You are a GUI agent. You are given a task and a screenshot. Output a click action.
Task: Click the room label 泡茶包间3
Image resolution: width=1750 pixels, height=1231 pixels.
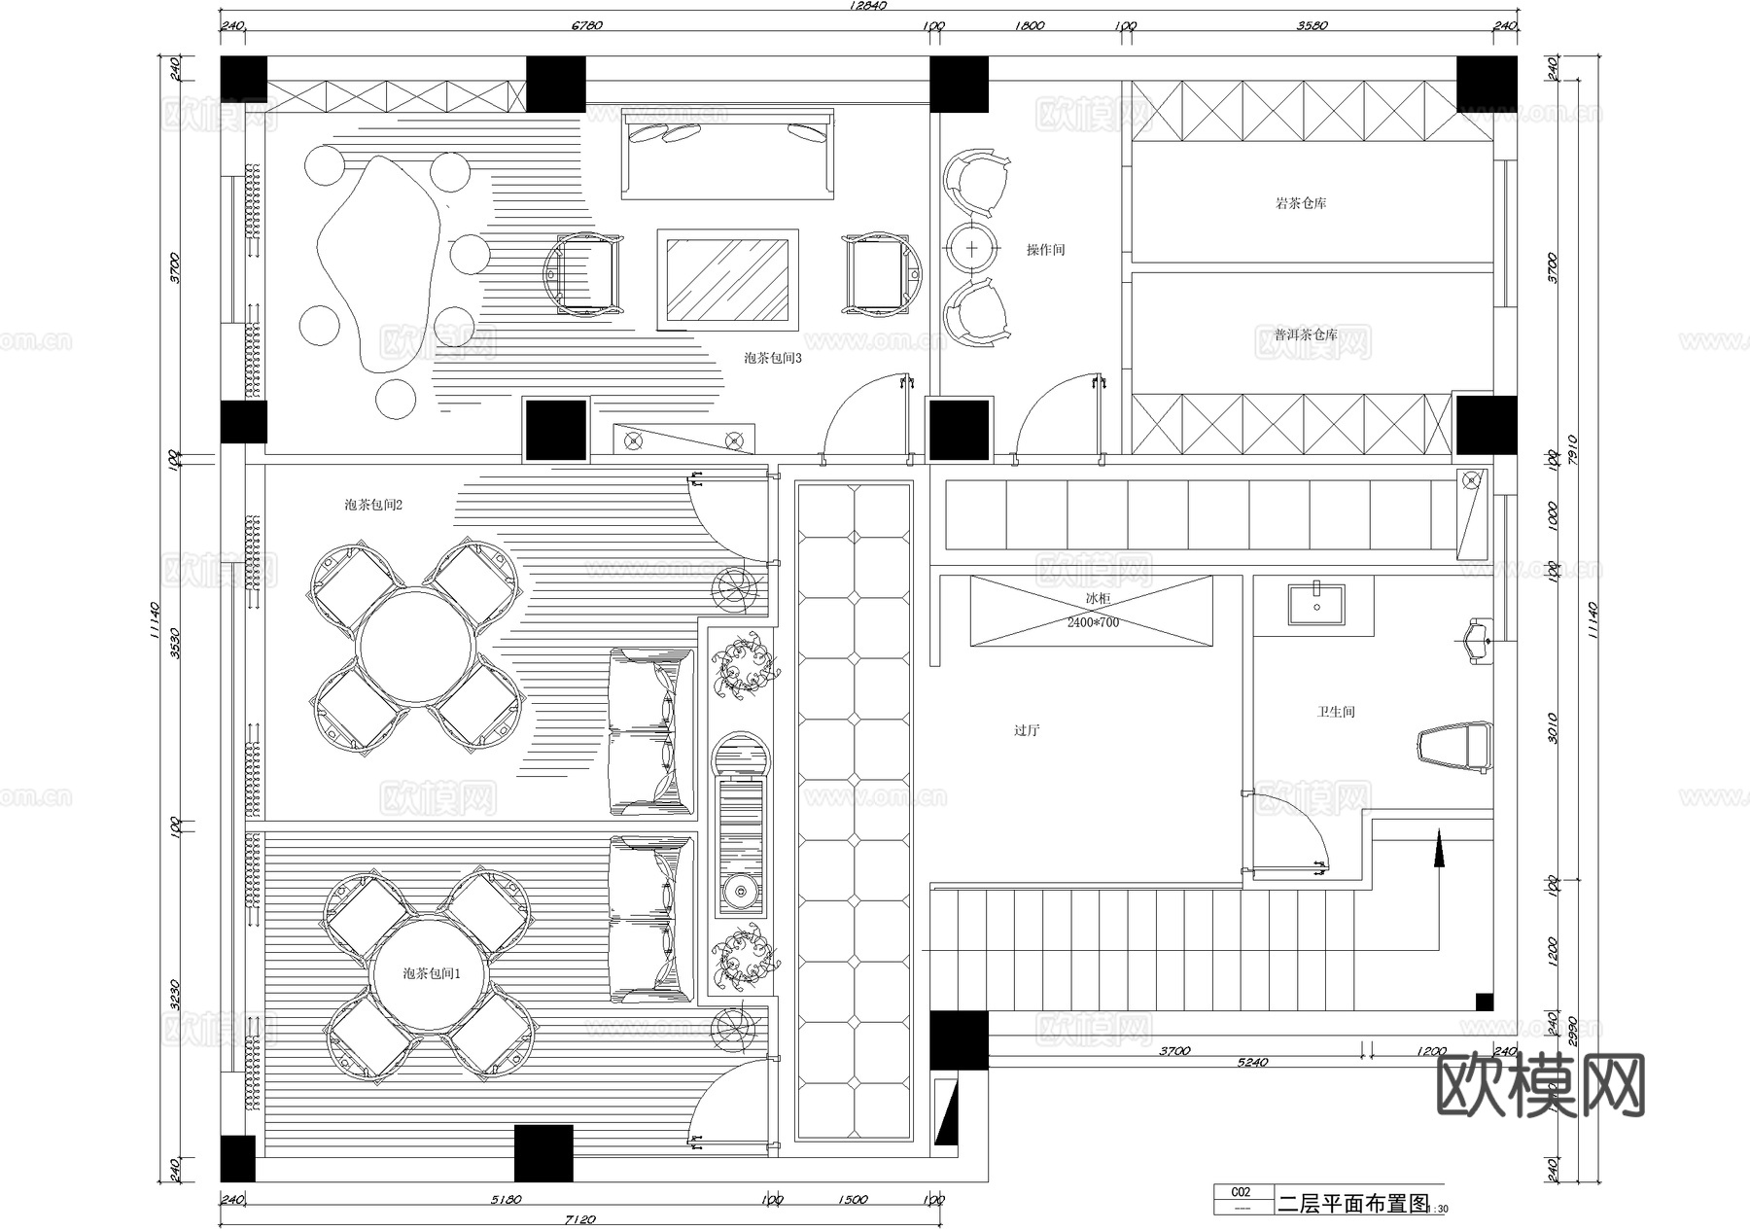pyautogui.click(x=773, y=358)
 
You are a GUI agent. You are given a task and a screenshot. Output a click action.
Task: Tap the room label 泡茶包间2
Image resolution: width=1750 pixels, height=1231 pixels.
pyautogui.click(x=373, y=505)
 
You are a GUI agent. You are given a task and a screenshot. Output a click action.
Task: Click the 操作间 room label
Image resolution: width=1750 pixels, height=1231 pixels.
pyautogui.click(x=1045, y=250)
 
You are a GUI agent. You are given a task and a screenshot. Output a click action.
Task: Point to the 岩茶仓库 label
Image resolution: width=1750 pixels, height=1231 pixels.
pyautogui.click(x=1301, y=203)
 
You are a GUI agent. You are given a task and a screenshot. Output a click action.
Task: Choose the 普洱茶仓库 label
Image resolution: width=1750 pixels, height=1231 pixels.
pyautogui.click(x=1305, y=334)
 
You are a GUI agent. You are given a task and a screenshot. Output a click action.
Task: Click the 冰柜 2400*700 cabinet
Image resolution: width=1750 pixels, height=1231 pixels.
pyautogui.click(x=1092, y=611)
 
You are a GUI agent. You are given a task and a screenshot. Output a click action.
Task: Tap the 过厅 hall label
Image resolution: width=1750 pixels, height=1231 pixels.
pyautogui.click(x=1027, y=730)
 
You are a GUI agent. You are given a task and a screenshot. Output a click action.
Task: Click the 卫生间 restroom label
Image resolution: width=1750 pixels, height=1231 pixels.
pyautogui.click(x=1336, y=712)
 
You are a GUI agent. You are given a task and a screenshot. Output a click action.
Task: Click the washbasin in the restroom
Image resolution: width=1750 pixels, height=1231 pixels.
pyautogui.click(x=1317, y=603)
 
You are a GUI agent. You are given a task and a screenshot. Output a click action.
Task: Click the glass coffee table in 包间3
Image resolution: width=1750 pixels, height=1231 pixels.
pyautogui.click(x=727, y=279)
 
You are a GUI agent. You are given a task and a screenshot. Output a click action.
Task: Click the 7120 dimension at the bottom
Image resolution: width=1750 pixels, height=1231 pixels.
pyautogui.click(x=579, y=1219)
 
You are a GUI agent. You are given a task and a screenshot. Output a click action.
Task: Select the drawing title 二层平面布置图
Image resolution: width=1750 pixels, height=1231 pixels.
pyautogui.click(x=1352, y=1204)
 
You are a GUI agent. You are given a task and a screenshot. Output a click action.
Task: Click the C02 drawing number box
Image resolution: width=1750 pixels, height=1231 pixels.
pyautogui.click(x=1241, y=1192)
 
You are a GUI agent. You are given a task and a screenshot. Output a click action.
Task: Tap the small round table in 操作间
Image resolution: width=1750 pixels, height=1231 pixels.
pyautogui.click(x=973, y=248)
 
